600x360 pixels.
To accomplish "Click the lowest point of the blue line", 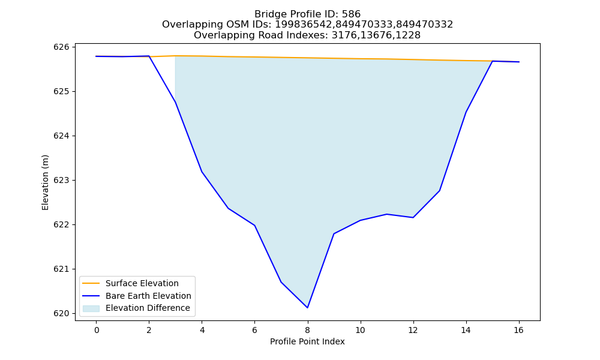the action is coord(307,308).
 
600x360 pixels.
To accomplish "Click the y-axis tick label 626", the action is coord(62,47).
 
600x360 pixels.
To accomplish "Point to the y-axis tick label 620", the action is coord(62,313).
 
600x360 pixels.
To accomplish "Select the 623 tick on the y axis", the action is coord(62,180).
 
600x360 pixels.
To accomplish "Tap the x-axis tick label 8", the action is coord(307,330).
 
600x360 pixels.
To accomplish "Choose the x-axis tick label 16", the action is coord(518,330).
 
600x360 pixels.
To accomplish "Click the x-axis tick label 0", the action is coord(97,330).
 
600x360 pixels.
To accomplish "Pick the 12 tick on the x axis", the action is coord(413,330).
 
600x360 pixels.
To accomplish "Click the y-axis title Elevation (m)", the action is coord(45,182).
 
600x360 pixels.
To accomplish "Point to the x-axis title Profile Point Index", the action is coord(307,341).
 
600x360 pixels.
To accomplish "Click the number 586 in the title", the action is coord(352,14).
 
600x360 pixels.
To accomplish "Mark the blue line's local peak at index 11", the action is coord(387,214).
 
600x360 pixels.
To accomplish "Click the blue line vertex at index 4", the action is coord(202,172).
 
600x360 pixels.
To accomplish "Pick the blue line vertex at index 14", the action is coord(466,112).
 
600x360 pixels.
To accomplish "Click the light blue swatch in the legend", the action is coord(91,308).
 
